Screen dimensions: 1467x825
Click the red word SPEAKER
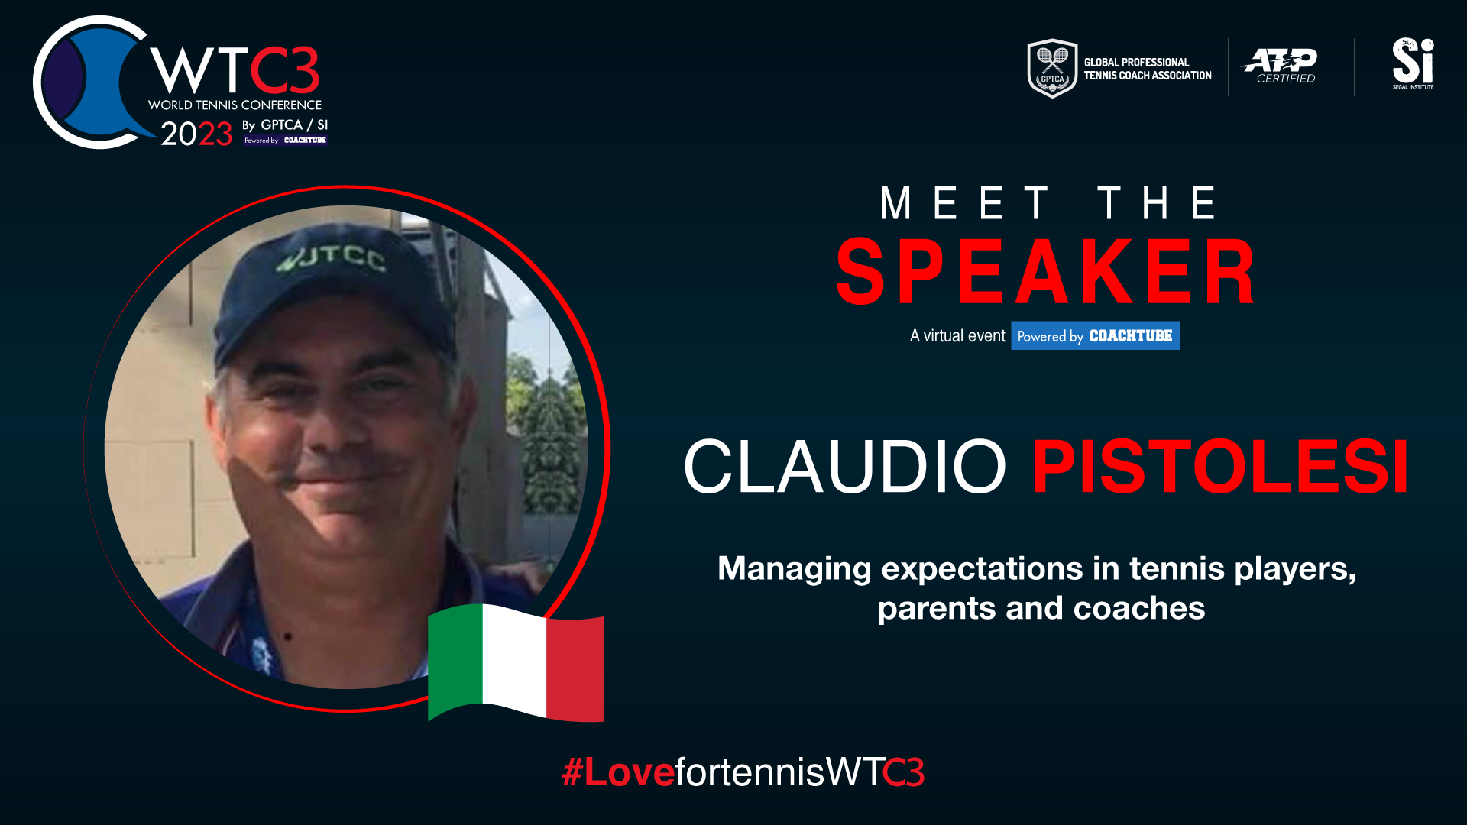coord(1046,271)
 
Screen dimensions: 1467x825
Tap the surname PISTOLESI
coord(1220,466)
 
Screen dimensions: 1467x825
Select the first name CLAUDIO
coord(845,466)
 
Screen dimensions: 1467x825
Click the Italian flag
coord(516,662)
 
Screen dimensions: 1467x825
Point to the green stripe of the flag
coord(455,661)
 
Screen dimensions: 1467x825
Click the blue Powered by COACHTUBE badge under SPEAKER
coord(1095,336)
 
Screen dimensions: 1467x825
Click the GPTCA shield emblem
coord(1052,68)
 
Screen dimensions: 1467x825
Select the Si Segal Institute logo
coord(1413,63)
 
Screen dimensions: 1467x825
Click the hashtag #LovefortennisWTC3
coord(743,772)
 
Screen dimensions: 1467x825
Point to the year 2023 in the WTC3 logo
coord(196,134)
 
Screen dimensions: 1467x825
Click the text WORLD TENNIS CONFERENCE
coord(235,105)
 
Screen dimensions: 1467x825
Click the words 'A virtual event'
coord(957,336)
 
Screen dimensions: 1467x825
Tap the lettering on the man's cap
coord(332,258)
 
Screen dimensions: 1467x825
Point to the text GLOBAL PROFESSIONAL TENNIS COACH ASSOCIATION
coord(1148,69)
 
